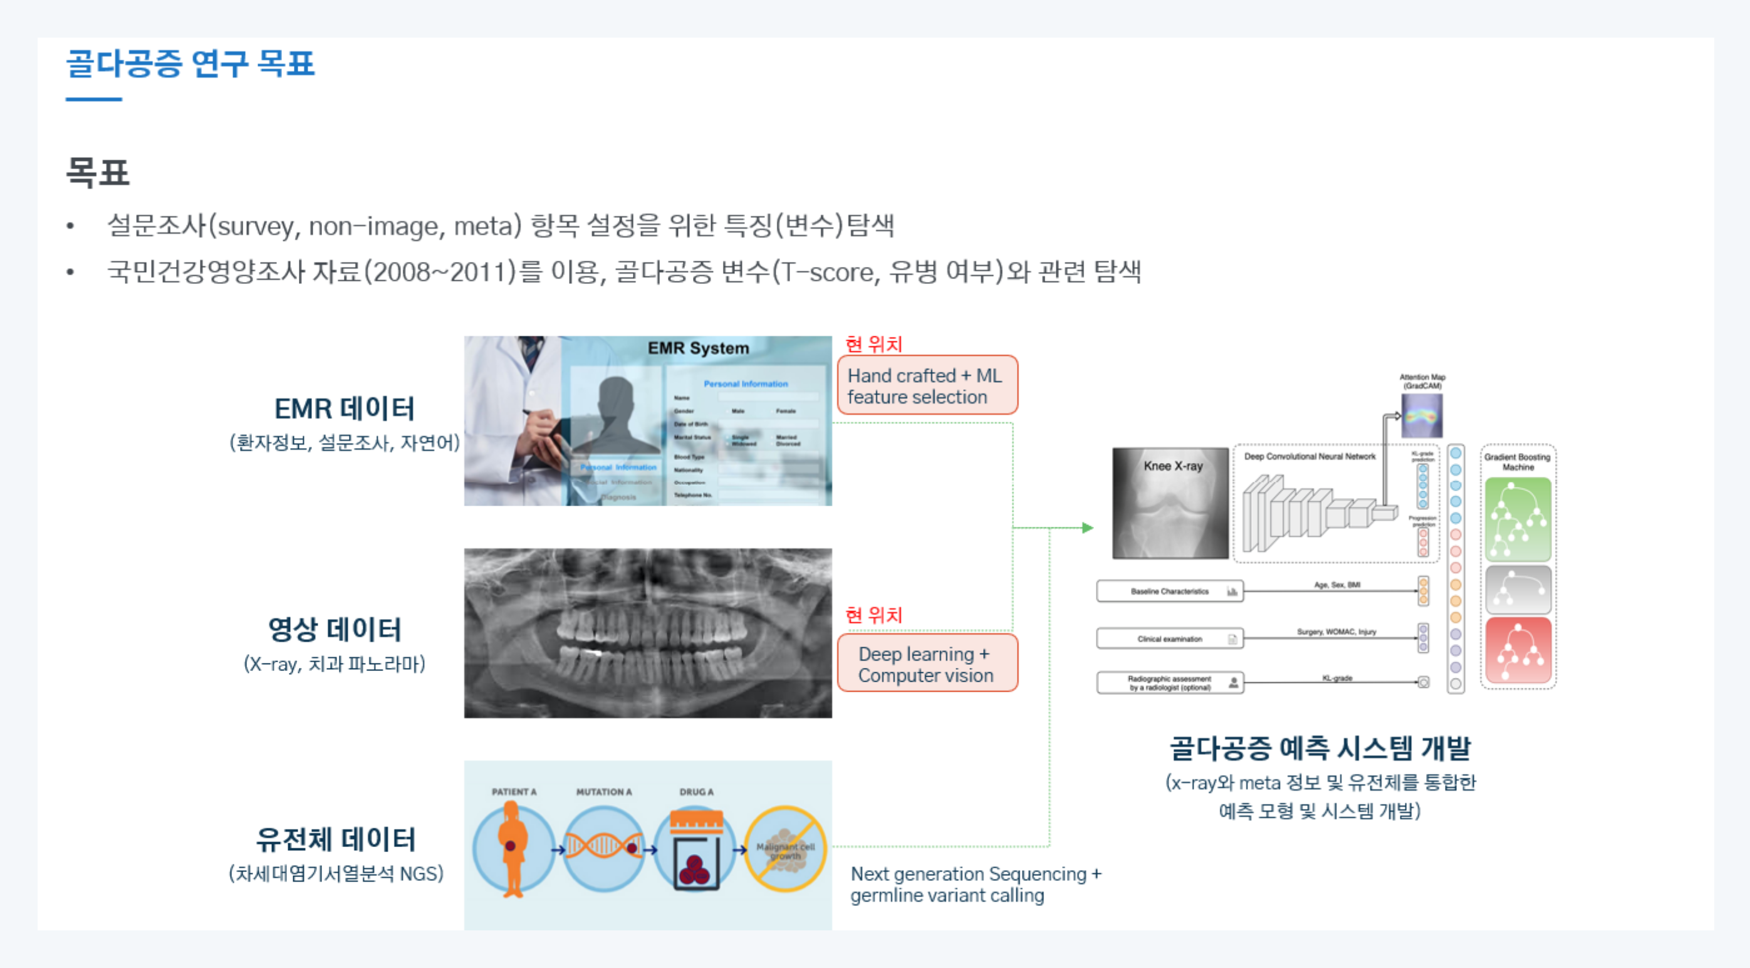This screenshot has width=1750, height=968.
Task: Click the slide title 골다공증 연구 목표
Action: click(x=190, y=64)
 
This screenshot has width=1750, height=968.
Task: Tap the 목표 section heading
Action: click(x=97, y=172)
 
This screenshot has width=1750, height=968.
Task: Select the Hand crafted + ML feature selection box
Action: click(x=927, y=386)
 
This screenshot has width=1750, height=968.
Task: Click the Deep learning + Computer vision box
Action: click(x=927, y=664)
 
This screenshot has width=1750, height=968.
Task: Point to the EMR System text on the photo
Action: click(x=698, y=348)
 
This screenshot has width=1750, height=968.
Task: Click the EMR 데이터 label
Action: click(x=345, y=409)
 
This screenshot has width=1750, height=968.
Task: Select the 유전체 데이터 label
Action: click(x=336, y=840)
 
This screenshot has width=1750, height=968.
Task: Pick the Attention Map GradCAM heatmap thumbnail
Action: click(x=1421, y=415)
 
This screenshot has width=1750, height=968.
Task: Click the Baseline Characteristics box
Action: click(x=1169, y=591)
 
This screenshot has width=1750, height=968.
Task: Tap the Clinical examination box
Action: click(x=1169, y=638)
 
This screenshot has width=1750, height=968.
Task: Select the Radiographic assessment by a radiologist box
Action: click(x=1169, y=683)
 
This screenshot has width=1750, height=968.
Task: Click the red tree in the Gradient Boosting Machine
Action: click(x=1518, y=650)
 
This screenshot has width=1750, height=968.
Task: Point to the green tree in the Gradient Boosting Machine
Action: click(x=1518, y=519)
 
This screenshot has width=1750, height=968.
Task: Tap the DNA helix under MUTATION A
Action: click(x=603, y=846)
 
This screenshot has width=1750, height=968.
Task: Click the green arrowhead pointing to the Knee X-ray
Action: click(x=1088, y=528)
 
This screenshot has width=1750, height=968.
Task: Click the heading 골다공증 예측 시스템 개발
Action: click(x=1320, y=749)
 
